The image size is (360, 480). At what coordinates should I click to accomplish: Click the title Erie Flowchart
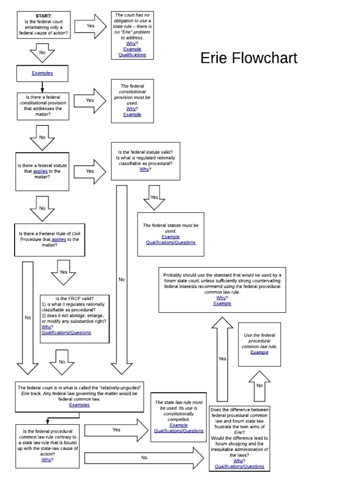248,58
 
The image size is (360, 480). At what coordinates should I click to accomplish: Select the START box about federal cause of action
43,25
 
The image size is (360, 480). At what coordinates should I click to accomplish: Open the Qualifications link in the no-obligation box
132,55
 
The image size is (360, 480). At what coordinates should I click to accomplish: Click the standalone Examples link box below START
42,73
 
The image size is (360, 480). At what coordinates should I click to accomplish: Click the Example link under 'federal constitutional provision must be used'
132,114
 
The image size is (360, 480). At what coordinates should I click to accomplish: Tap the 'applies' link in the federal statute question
40,171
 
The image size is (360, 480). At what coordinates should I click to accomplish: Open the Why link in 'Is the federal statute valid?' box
144,169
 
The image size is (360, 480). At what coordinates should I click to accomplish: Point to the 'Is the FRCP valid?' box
75,319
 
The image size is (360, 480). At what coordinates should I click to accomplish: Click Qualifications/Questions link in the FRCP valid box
66,333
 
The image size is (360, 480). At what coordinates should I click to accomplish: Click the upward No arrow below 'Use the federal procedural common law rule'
259,385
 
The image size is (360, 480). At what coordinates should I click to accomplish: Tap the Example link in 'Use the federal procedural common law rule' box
259,352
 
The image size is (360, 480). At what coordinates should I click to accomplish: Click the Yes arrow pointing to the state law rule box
117,430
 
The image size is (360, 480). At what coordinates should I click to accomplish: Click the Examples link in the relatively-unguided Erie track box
79,405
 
